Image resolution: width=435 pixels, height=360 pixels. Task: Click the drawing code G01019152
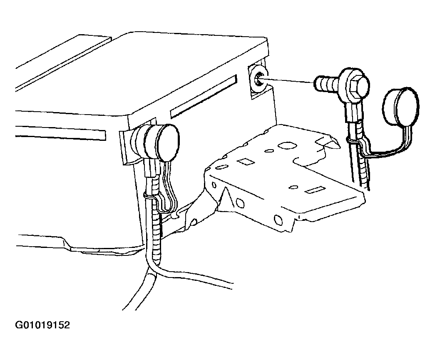click(x=42, y=325)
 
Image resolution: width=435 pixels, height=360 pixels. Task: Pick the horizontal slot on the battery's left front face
click(x=60, y=132)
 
